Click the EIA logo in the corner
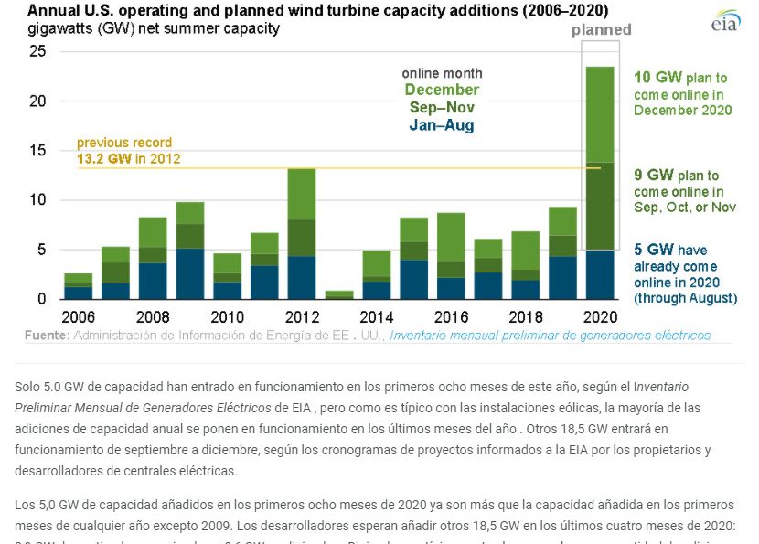click(x=725, y=20)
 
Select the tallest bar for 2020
click(x=600, y=183)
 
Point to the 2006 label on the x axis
click(x=78, y=316)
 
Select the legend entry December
click(x=442, y=90)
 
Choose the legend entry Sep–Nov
click(x=442, y=107)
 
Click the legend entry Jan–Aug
click(x=442, y=125)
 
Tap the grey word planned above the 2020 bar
click(x=601, y=29)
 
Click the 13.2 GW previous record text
click(x=128, y=158)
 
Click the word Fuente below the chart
click(x=45, y=336)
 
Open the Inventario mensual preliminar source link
click(x=550, y=336)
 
